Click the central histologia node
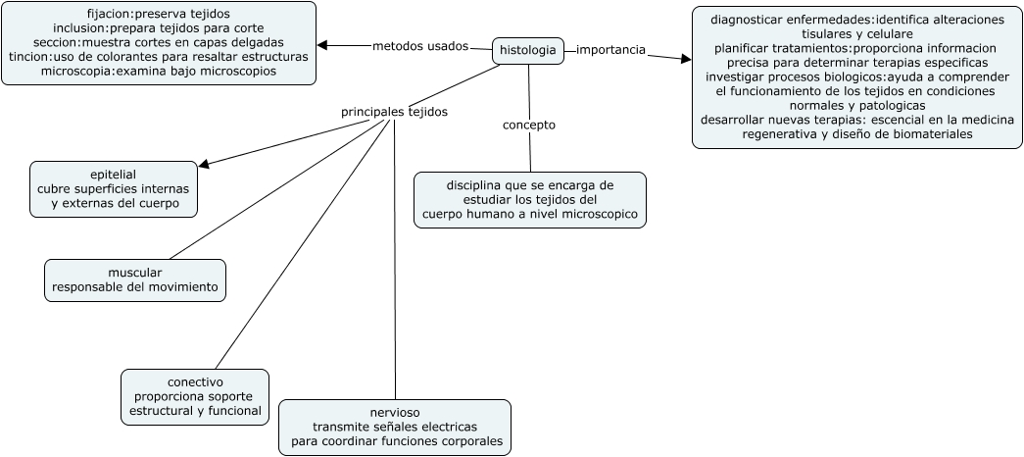tap(528, 50)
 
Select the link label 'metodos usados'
tap(420, 46)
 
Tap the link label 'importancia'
tap(610, 50)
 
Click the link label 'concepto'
tap(529, 125)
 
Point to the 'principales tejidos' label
tap(394, 112)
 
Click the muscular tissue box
tap(135, 279)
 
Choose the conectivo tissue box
tap(195, 396)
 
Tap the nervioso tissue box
tap(394, 427)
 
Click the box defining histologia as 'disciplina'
tap(529, 199)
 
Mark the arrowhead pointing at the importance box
tap(685, 59)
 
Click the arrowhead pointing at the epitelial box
tap(204, 165)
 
